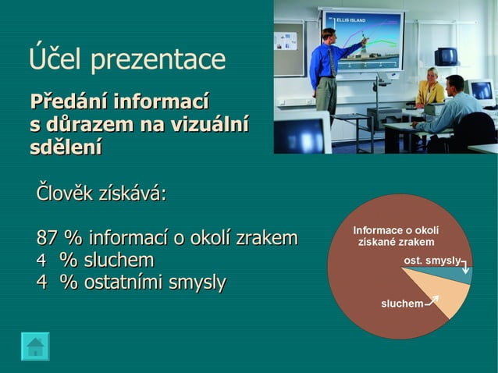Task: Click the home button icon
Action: [x=35, y=346]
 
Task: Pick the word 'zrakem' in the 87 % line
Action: [x=267, y=238]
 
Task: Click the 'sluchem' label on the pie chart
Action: [x=402, y=303]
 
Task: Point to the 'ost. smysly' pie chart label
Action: [x=431, y=260]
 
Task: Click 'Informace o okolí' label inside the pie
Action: [x=396, y=230]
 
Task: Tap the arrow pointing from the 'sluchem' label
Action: [x=432, y=300]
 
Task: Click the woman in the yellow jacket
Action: [x=429, y=88]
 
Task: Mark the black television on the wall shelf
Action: [x=446, y=56]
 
